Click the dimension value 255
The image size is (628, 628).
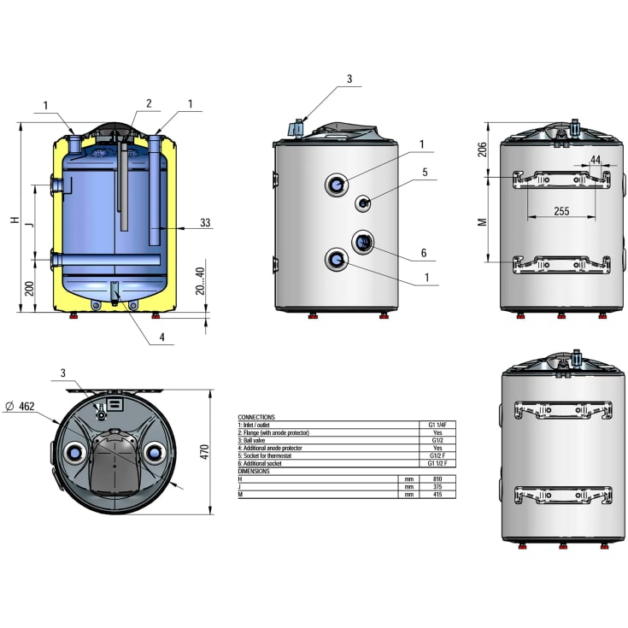(561, 210)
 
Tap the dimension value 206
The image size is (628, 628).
(482, 149)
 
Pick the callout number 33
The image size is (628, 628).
(205, 223)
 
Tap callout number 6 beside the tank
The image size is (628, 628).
(423, 254)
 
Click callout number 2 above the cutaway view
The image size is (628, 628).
(148, 103)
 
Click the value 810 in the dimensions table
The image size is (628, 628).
(437, 479)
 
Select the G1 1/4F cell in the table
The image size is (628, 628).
(437, 424)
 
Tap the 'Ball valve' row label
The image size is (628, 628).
(256, 440)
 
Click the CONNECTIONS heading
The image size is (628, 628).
(257, 417)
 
